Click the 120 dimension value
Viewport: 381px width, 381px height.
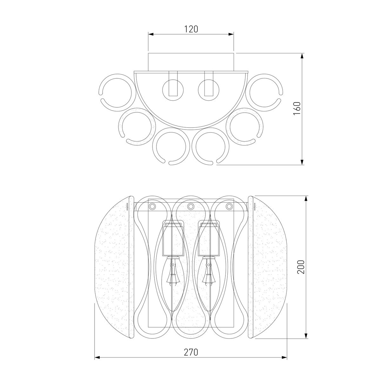(x=191, y=29)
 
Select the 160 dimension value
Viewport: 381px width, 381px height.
(x=297, y=108)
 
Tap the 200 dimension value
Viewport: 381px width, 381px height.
(x=301, y=267)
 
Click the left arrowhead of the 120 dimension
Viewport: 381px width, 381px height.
(x=151, y=34)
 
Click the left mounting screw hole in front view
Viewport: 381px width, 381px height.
(x=152, y=206)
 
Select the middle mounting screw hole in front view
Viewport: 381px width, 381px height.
(x=190, y=207)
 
